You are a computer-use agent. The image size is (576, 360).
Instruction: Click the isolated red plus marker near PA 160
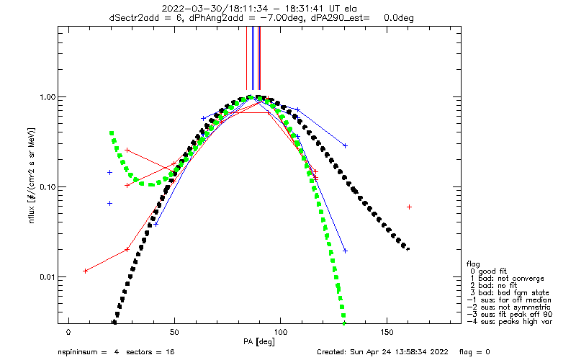[x=409, y=207]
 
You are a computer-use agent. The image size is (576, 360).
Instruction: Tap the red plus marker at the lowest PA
[x=85, y=271]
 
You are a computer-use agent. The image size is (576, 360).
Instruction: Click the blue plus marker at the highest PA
[x=346, y=251]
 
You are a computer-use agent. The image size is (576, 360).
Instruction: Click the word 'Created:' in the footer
[x=333, y=352]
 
